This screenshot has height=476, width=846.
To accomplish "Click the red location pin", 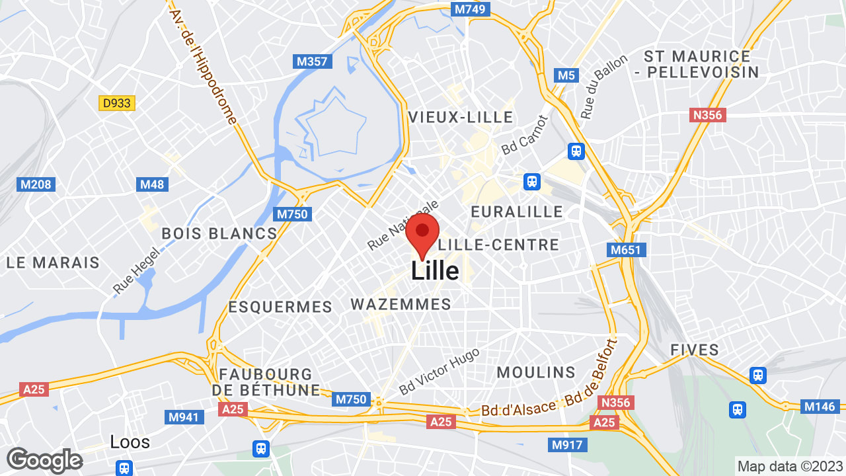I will pos(422,233).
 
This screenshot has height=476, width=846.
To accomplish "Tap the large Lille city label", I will pos(435,270).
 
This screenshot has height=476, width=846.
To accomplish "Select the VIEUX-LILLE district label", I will pos(461,118).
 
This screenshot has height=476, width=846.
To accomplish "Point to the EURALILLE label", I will pos(517,212).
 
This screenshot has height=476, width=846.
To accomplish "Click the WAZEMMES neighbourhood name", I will pos(401,305).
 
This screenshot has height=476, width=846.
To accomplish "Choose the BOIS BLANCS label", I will pos(219,233).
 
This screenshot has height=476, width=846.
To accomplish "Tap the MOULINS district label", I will pos(536,372).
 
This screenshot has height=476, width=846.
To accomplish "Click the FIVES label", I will pos(695,350).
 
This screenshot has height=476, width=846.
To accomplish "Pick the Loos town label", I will pos(130,442).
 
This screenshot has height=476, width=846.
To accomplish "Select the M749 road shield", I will pos(470,9).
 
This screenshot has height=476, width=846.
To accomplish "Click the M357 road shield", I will pos(312,61).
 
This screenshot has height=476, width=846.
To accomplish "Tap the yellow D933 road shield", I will pos(117,103).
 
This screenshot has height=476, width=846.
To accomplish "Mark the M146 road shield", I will pos(820,407).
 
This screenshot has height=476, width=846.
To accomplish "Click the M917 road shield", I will pos(566,445).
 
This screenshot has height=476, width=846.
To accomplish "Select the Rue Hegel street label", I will pos(137,270).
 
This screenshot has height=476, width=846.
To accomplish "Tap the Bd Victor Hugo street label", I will pos(439,372).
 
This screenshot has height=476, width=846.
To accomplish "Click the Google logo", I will pos(44,460).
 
